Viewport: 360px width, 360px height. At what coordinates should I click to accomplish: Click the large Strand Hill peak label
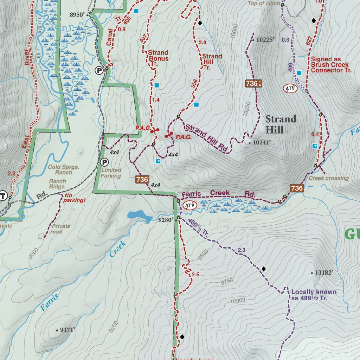click(281, 124)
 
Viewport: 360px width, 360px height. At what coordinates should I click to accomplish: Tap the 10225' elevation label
click(265, 40)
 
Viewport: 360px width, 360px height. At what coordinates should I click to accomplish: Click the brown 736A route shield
click(254, 83)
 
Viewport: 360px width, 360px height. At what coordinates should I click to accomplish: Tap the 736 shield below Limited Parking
click(142, 179)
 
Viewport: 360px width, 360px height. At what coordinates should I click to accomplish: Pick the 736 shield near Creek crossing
click(297, 188)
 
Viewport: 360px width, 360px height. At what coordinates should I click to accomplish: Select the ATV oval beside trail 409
click(290, 89)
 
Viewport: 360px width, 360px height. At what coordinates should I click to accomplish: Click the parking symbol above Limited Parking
click(104, 162)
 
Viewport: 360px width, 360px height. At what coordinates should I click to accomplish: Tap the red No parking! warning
click(74, 198)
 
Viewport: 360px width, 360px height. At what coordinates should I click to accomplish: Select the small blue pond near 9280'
click(140, 215)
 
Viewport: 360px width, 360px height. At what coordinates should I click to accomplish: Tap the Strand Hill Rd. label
click(206, 138)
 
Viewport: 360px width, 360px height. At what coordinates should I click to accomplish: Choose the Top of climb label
click(264, 4)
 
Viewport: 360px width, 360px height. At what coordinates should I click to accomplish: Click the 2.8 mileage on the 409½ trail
click(242, 250)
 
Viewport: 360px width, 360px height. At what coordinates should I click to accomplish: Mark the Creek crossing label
click(328, 178)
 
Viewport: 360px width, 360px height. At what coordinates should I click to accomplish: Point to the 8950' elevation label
click(77, 15)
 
